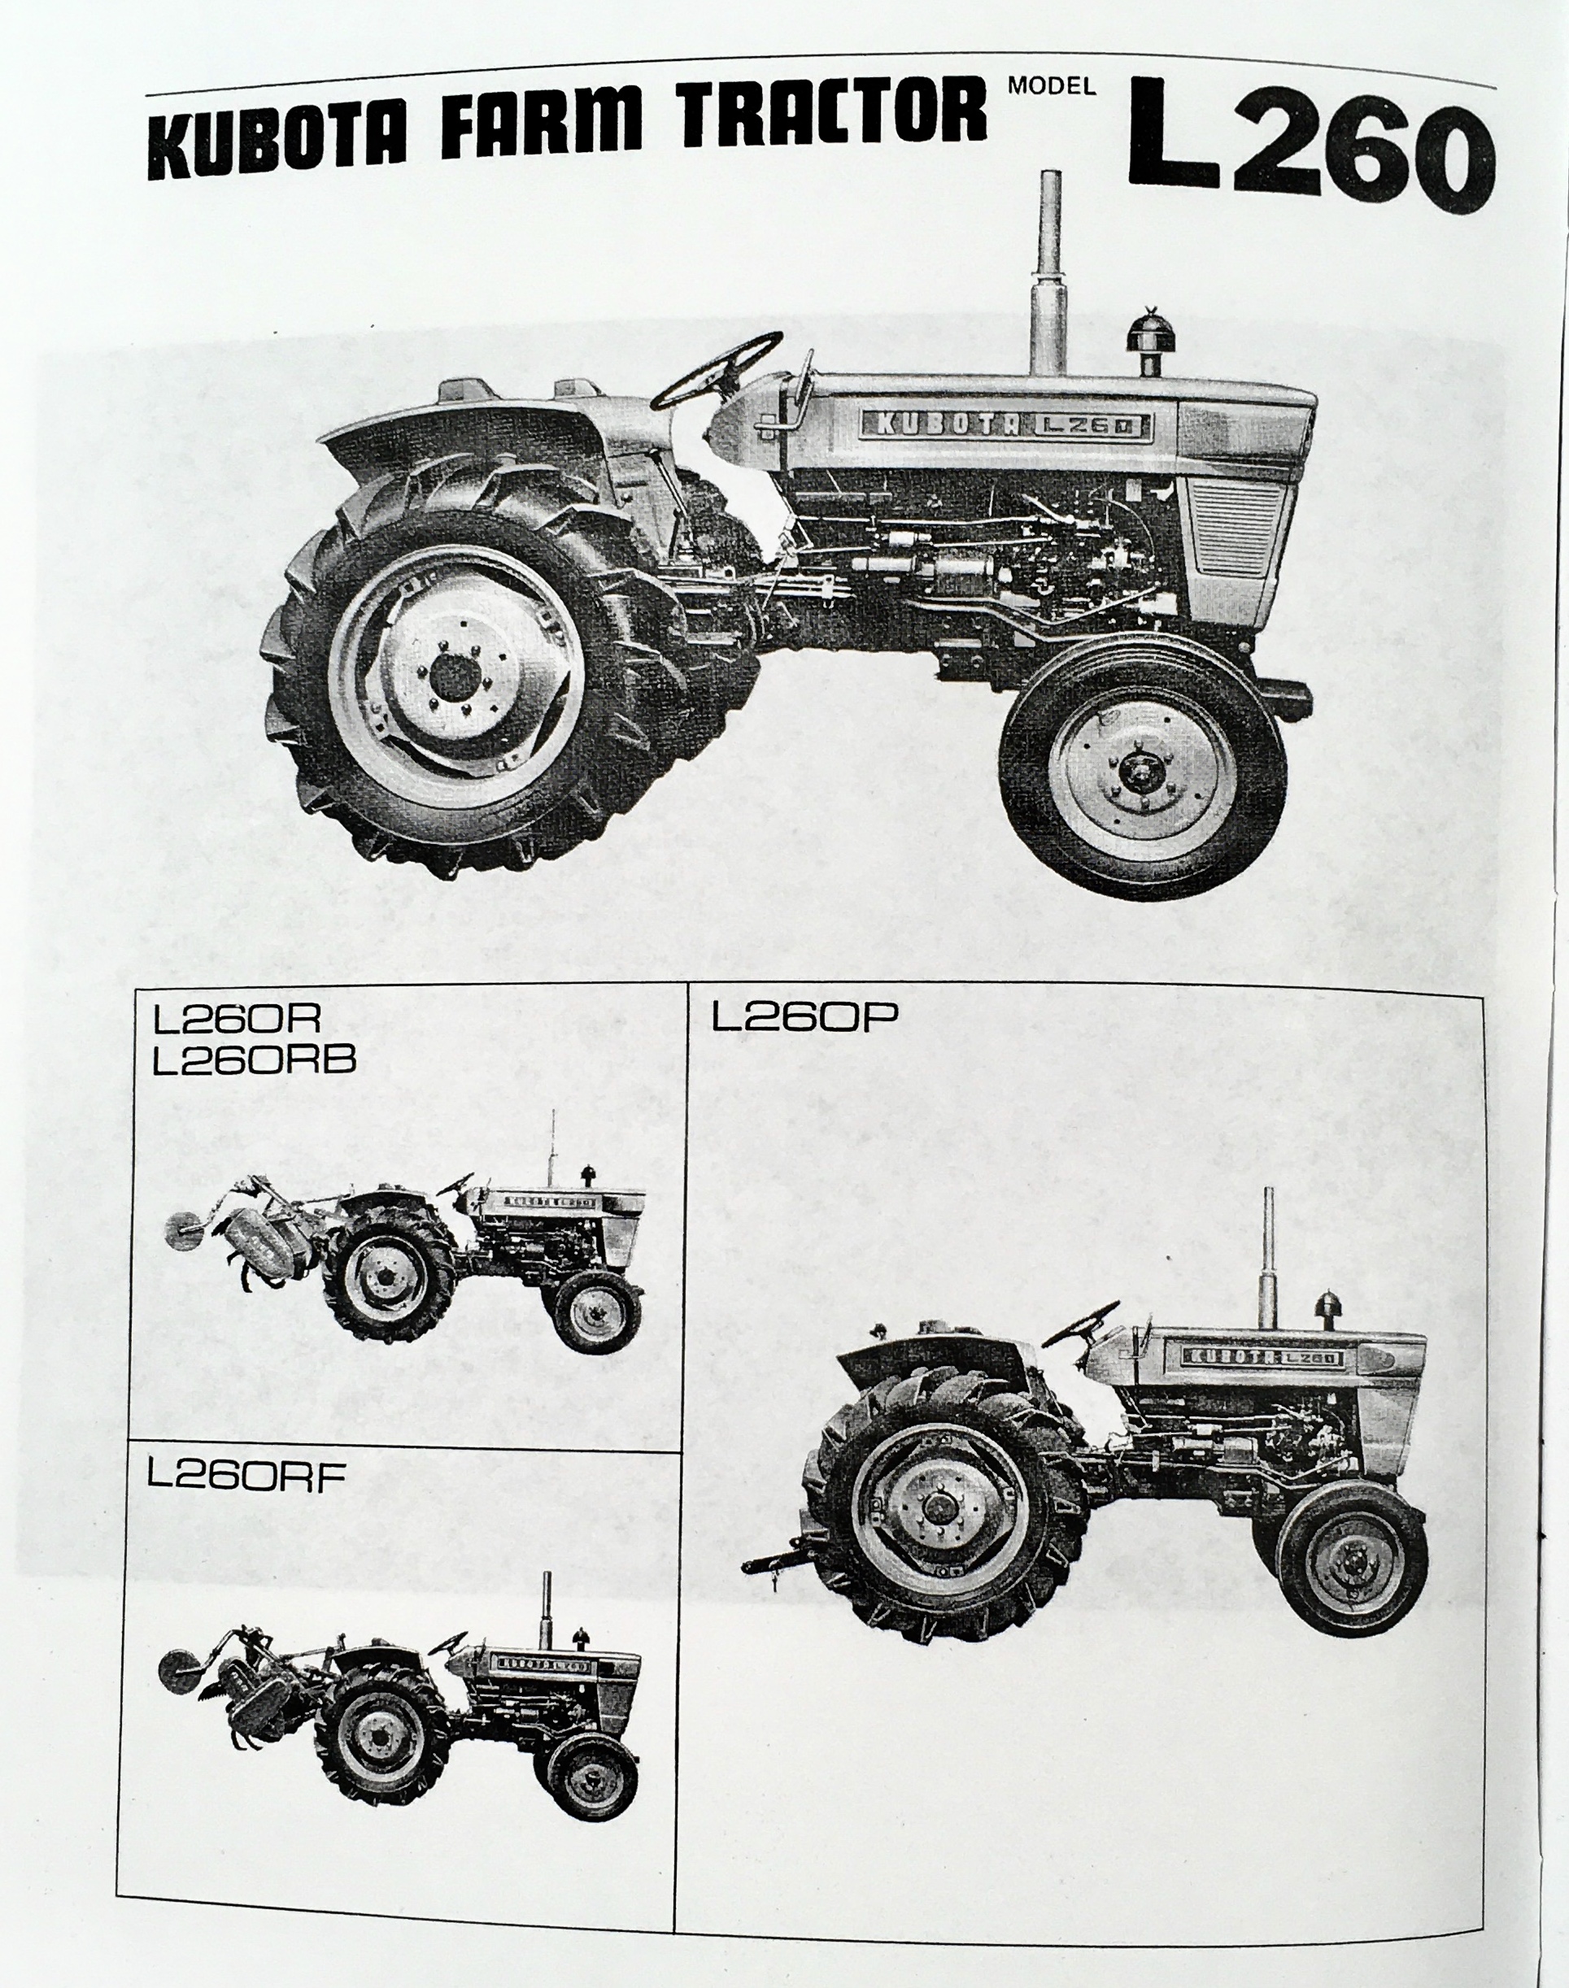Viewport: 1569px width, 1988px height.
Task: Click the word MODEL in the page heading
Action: tap(1052, 87)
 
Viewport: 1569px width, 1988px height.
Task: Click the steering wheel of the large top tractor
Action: tap(717, 371)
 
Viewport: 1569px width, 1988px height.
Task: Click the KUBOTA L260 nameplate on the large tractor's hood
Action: tap(1007, 424)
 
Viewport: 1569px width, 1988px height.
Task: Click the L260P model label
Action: tap(804, 1018)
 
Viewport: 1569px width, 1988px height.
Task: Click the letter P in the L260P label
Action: tap(880, 1018)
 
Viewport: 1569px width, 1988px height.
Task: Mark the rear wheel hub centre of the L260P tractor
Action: tap(937, 1508)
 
